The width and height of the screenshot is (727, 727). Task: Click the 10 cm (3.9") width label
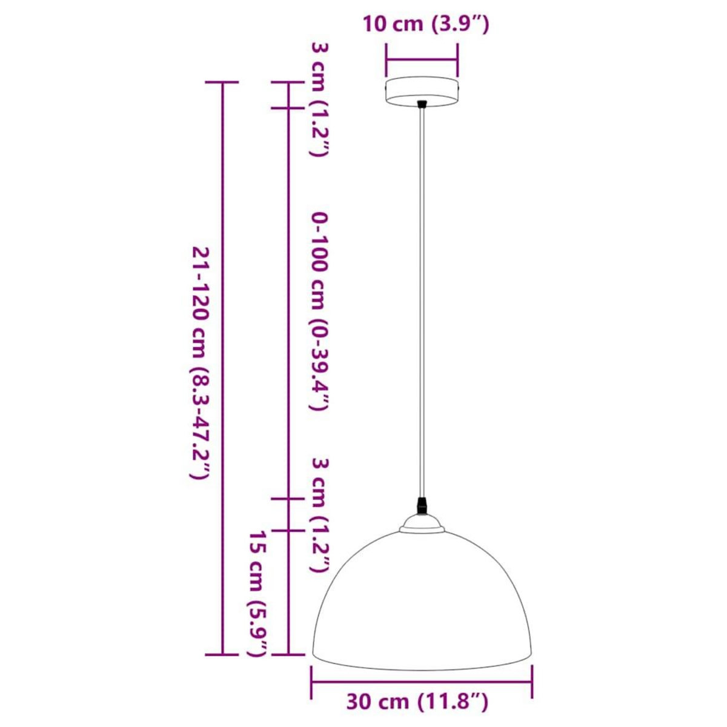(425, 25)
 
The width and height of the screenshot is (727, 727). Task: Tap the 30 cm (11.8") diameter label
(417, 702)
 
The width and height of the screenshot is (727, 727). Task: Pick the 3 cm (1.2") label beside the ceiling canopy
(319, 99)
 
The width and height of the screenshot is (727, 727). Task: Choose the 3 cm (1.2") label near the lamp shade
(320, 515)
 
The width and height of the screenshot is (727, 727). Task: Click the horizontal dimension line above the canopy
(422, 60)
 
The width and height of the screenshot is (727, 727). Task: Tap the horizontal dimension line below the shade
(422, 681)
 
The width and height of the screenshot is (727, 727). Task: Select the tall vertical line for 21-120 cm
(223, 363)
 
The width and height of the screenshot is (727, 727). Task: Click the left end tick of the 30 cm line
(312, 681)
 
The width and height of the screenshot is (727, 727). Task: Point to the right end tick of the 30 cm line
(532, 681)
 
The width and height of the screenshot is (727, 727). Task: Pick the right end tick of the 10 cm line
(457, 60)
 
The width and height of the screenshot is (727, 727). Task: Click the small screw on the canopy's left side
(387, 87)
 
